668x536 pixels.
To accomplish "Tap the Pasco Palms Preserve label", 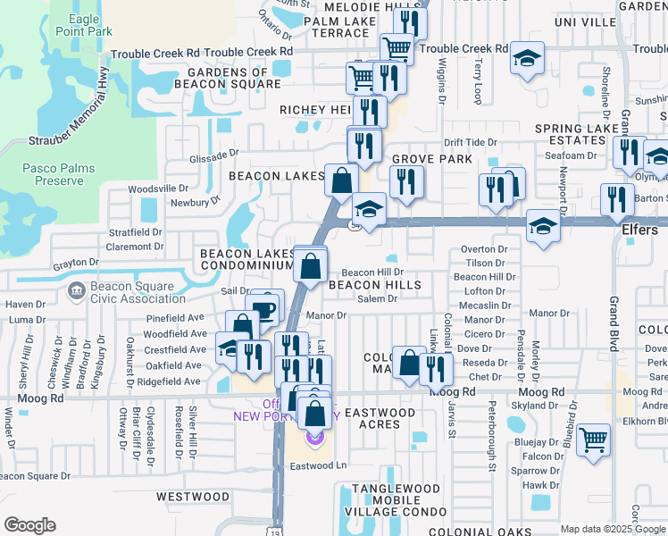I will pos(53,173).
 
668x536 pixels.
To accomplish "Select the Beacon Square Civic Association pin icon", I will pos(76,290).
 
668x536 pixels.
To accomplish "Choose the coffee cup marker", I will pos(265,308).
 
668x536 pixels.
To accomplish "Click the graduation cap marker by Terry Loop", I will pos(527,59).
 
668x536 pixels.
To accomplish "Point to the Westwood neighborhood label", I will pos(193,496).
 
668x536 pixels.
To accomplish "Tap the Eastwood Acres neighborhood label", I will pos(380,418).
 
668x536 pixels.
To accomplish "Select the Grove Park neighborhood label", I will pos(431,159).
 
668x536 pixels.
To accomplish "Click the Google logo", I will pos(30,524).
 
